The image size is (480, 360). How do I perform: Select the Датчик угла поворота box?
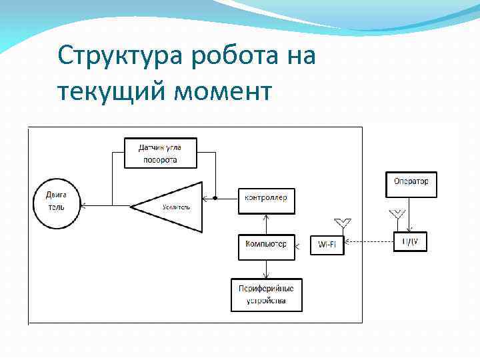(160, 153)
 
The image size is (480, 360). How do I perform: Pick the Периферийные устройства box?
(266, 295)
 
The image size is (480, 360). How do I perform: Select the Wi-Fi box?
(327, 245)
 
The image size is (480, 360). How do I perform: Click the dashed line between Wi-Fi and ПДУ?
(369, 242)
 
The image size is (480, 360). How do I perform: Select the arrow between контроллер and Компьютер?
(266, 224)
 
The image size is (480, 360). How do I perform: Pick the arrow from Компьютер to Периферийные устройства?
(266, 269)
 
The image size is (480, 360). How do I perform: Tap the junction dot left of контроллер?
(215, 198)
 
